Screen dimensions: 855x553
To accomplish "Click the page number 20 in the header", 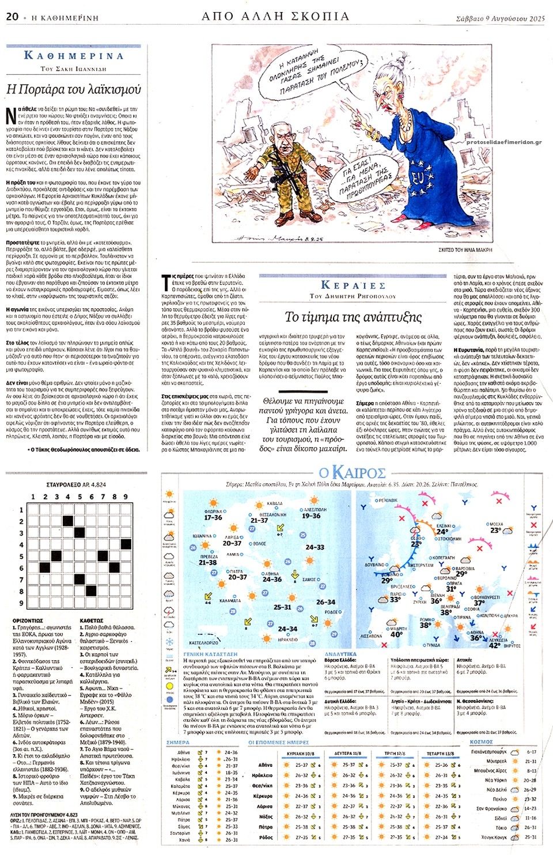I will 12,17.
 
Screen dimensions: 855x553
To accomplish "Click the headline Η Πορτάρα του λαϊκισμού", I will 73,89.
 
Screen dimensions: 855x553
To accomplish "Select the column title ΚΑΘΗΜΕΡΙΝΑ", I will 74,56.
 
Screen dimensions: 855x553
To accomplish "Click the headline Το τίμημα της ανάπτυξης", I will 353,317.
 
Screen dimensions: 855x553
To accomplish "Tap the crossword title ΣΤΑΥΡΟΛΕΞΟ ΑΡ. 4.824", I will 76,485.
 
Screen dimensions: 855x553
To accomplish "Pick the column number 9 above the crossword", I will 125,497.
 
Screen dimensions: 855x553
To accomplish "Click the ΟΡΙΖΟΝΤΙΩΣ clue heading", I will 28,621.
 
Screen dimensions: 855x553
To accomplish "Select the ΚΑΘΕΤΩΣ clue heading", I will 91,621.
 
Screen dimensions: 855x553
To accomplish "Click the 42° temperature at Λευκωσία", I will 495,646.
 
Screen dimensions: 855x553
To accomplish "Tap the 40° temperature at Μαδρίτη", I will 397,634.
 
